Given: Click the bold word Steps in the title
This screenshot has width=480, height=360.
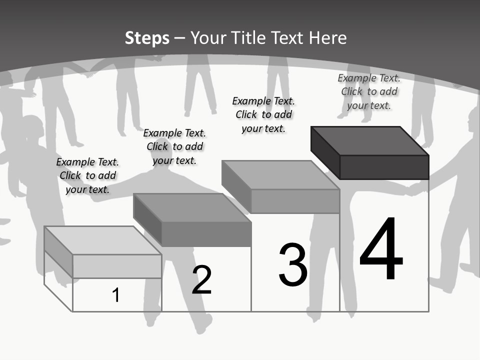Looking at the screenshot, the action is click(x=147, y=38).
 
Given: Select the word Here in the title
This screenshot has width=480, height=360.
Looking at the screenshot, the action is click(x=327, y=37).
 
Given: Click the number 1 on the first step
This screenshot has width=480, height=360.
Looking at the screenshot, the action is click(x=115, y=295).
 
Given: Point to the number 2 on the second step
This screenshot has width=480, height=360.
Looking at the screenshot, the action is click(x=201, y=279).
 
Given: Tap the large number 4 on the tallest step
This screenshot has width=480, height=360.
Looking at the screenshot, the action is click(x=381, y=248).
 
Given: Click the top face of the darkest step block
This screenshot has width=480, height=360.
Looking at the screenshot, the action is click(x=370, y=141).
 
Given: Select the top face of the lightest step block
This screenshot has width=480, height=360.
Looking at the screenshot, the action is click(x=103, y=240).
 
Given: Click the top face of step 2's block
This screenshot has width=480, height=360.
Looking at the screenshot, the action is click(x=192, y=208).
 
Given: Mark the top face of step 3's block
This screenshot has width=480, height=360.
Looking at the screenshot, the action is click(x=280, y=175).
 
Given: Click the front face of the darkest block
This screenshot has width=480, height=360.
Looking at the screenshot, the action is click(x=384, y=167).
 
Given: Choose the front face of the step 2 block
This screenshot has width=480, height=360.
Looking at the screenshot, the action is click(x=206, y=234).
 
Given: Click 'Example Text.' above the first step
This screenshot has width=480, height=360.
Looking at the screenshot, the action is click(x=87, y=162).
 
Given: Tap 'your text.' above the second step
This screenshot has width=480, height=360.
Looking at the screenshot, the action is click(x=174, y=160).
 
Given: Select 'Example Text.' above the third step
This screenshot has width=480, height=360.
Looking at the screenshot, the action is click(x=263, y=101).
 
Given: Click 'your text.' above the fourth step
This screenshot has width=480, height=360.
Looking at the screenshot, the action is click(x=369, y=106).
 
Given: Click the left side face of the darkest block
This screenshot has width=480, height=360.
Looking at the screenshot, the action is click(x=325, y=153).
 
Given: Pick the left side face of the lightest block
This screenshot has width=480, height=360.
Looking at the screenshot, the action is click(x=58, y=252).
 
